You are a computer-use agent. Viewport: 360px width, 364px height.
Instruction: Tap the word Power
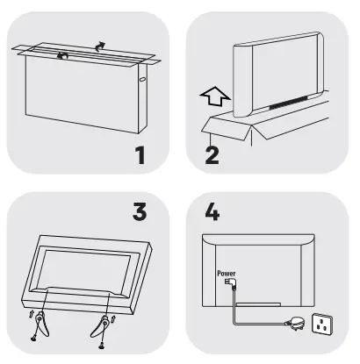coord(227,272)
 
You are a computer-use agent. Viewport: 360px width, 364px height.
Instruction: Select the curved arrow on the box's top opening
coord(62,54)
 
